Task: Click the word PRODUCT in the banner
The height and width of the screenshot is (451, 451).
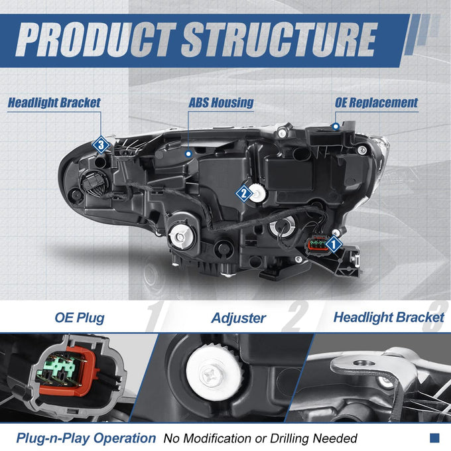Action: pyautogui.click(x=96, y=39)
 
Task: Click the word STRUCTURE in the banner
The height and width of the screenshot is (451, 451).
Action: pyautogui.click(x=280, y=39)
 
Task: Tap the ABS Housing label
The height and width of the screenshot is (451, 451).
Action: pyautogui.click(x=221, y=103)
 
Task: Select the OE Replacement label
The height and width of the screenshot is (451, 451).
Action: pyautogui.click(x=376, y=103)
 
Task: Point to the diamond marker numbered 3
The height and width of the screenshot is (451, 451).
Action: pyautogui.click(x=101, y=145)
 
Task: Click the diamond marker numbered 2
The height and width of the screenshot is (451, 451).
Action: pyautogui.click(x=244, y=193)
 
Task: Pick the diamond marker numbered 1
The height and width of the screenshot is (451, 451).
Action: pyautogui.click(x=334, y=244)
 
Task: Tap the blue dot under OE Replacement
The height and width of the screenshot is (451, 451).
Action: pyautogui.click(x=336, y=126)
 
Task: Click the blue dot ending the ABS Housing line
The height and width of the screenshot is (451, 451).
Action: pyautogui.click(x=188, y=154)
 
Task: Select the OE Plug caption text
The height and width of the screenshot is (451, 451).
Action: pyautogui.click(x=80, y=318)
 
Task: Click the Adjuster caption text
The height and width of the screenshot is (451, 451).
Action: pyautogui.click(x=239, y=318)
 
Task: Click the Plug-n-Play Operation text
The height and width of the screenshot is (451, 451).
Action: pyautogui.click(x=86, y=438)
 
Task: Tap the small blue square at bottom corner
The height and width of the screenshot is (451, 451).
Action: pyautogui.click(x=434, y=438)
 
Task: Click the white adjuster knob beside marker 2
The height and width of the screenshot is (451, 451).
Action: pyautogui.click(x=258, y=193)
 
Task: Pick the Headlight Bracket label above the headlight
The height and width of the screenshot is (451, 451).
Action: pyautogui.click(x=54, y=103)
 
